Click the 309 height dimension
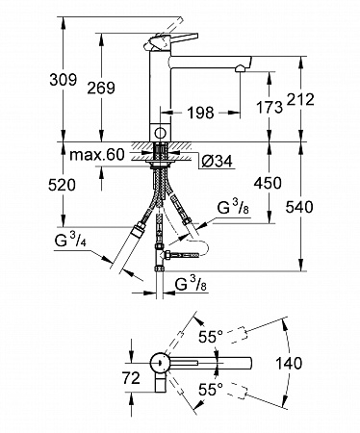pyautogui.click(x=64, y=80)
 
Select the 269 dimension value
pyautogui.click(x=101, y=88)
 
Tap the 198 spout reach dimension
pyautogui.click(x=200, y=113)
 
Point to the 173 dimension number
pyautogui.click(x=270, y=107)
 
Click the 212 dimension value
pyautogui.click(x=300, y=100)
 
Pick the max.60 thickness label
pyautogui.click(x=97, y=155)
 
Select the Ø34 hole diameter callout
pyautogui.click(x=217, y=161)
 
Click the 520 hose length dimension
pyautogui.click(x=62, y=185)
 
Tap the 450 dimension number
pyautogui.click(x=268, y=183)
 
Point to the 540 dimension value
pyautogui.click(x=299, y=207)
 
